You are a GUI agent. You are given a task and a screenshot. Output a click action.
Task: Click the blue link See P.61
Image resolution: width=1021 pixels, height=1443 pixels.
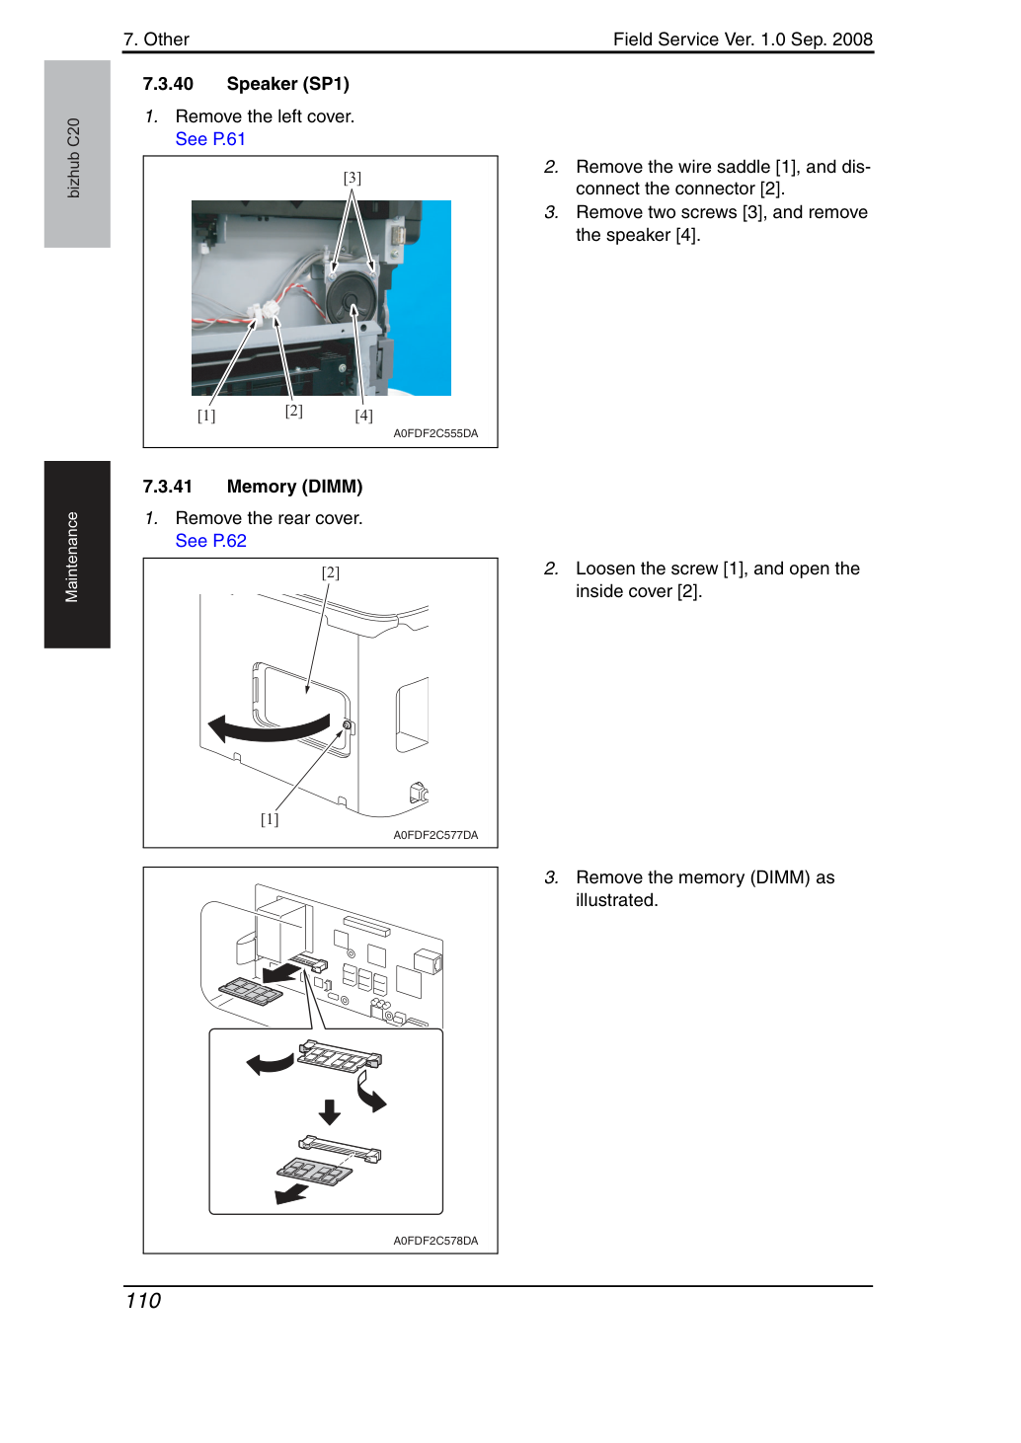click(210, 139)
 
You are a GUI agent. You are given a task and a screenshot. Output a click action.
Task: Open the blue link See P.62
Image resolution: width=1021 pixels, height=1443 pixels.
click(210, 541)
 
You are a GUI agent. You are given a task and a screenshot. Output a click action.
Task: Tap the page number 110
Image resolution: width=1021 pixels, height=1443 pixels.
click(143, 1301)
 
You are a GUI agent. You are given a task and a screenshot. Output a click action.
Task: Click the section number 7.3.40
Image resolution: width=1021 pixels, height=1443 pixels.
click(168, 84)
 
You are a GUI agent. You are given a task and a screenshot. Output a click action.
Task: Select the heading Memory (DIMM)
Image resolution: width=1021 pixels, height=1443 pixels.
click(294, 487)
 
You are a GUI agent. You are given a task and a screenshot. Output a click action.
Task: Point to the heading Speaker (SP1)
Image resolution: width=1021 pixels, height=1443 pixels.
click(288, 84)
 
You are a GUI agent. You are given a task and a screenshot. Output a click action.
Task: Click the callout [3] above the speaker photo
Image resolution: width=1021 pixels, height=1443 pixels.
click(352, 178)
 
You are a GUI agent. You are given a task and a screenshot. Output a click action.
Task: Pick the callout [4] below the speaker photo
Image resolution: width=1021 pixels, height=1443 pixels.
click(363, 416)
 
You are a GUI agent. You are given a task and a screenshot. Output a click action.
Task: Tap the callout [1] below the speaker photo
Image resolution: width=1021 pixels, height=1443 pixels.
click(206, 416)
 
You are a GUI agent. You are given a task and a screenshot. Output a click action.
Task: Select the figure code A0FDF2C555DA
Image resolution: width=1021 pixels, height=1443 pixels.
click(435, 433)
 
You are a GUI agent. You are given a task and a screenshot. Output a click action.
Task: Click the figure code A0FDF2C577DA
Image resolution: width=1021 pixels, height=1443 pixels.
click(435, 835)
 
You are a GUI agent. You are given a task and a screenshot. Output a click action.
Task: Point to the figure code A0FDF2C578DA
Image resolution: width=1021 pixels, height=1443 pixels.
click(435, 1241)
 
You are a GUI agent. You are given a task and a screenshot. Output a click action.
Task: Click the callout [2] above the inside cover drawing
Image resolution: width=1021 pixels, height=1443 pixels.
click(331, 572)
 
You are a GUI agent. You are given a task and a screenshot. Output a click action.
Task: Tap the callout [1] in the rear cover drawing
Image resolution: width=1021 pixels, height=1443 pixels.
click(270, 819)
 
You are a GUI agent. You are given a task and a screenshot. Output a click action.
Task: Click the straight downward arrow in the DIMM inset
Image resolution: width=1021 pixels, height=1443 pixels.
click(330, 1112)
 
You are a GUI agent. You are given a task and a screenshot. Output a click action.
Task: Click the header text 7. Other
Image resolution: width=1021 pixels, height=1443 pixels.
click(157, 39)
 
